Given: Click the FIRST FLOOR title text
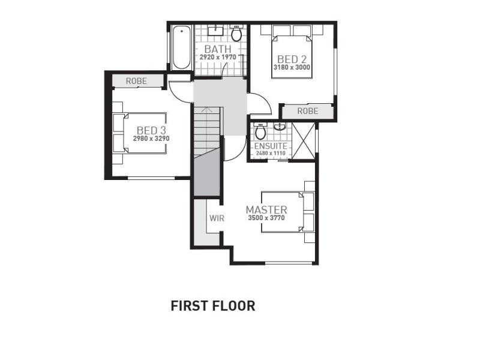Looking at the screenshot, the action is [213, 306].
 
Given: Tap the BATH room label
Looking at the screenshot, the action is [218, 49].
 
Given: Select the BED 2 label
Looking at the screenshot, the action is [292, 59].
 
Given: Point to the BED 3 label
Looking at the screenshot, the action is [151, 130].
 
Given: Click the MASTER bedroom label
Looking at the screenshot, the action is [266, 210].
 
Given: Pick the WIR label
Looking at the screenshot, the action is [217, 218].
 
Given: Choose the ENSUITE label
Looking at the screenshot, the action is [271, 146].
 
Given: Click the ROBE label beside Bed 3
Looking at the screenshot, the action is [137, 81].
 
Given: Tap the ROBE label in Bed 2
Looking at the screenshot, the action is [308, 111].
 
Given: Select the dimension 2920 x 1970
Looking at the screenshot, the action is [218, 57].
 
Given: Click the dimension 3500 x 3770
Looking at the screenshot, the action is [266, 218].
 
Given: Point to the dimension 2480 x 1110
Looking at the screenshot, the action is [271, 153].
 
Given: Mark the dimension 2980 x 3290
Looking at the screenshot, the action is [151, 139].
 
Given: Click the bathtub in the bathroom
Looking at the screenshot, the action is [181, 47].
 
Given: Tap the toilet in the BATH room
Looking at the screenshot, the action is [236, 33].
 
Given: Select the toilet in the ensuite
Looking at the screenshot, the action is [260, 131].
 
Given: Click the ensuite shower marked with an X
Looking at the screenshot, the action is [304, 140].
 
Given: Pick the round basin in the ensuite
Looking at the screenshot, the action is [280, 127].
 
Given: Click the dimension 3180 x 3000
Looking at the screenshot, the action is [292, 67].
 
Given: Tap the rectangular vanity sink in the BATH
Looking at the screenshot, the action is [216, 31].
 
